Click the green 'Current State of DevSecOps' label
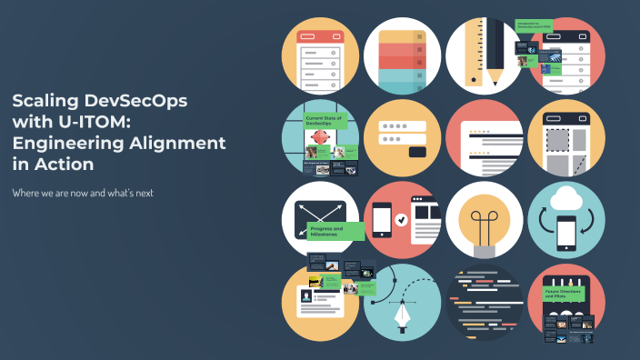click(x=326, y=120)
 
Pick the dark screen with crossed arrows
click(x=312, y=219)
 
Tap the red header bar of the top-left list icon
click(x=319, y=37)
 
